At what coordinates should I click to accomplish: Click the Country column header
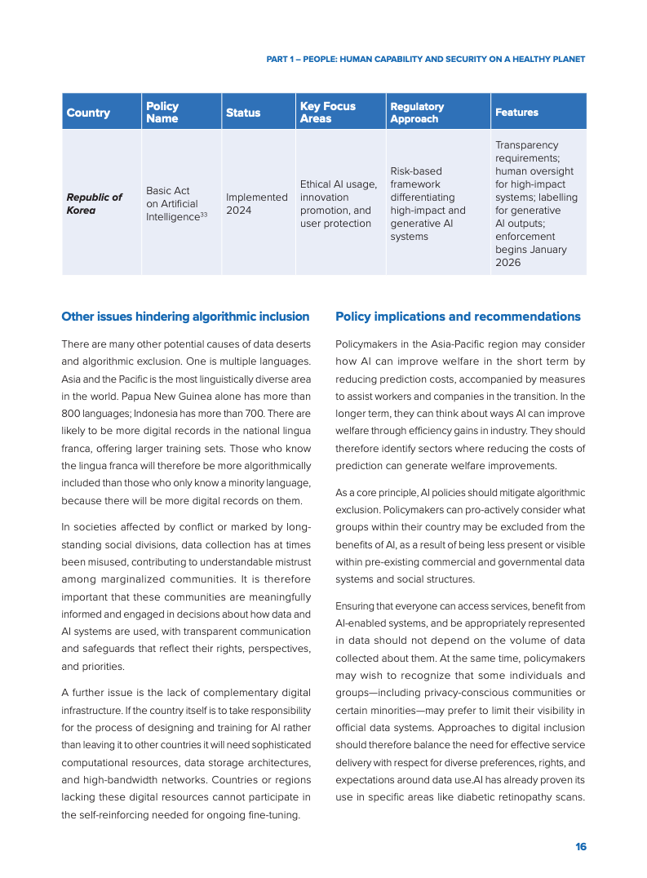pyautogui.click(x=88, y=113)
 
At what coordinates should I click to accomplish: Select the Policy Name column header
pyautogui.click(x=162, y=113)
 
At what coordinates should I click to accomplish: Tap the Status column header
pyautogui.click(x=243, y=113)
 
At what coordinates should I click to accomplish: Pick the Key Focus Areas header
pyautogui.click(x=328, y=113)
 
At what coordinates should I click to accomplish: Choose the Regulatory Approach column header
pyautogui.click(x=418, y=113)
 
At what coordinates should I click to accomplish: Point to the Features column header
pyautogui.click(x=516, y=113)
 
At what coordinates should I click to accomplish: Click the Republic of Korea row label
pyautogui.click(x=94, y=203)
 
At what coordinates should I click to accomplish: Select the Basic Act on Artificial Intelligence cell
pyautogui.click(x=173, y=203)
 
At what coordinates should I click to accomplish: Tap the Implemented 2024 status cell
pyautogui.click(x=256, y=203)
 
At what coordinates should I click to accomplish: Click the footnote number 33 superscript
pyautogui.click(x=203, y=214)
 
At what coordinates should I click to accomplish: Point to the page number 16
pyautogui.click(x=580, y=846)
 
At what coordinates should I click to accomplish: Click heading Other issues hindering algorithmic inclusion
pyautogui.click(x=185, y=317)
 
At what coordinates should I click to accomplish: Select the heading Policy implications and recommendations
pyautogui.click(x=458, y=317)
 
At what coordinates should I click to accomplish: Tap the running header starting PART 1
pyautogui.click(x=426, y=59)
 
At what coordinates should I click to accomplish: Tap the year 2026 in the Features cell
pyautogui.click(x=507, y=263)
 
